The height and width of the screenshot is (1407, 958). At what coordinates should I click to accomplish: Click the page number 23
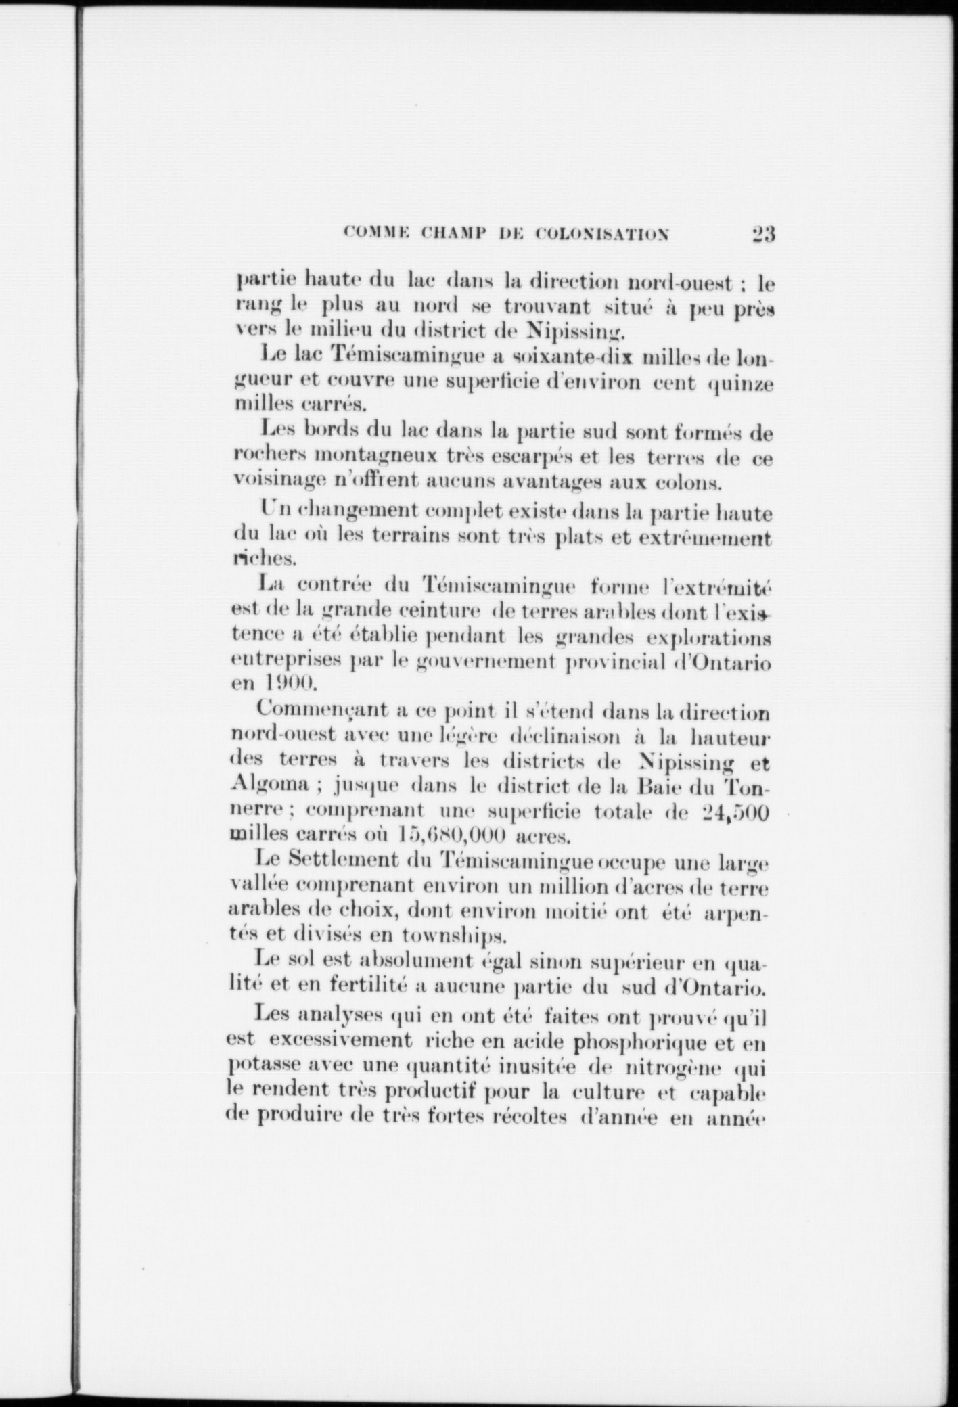click(x=762, y=234)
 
